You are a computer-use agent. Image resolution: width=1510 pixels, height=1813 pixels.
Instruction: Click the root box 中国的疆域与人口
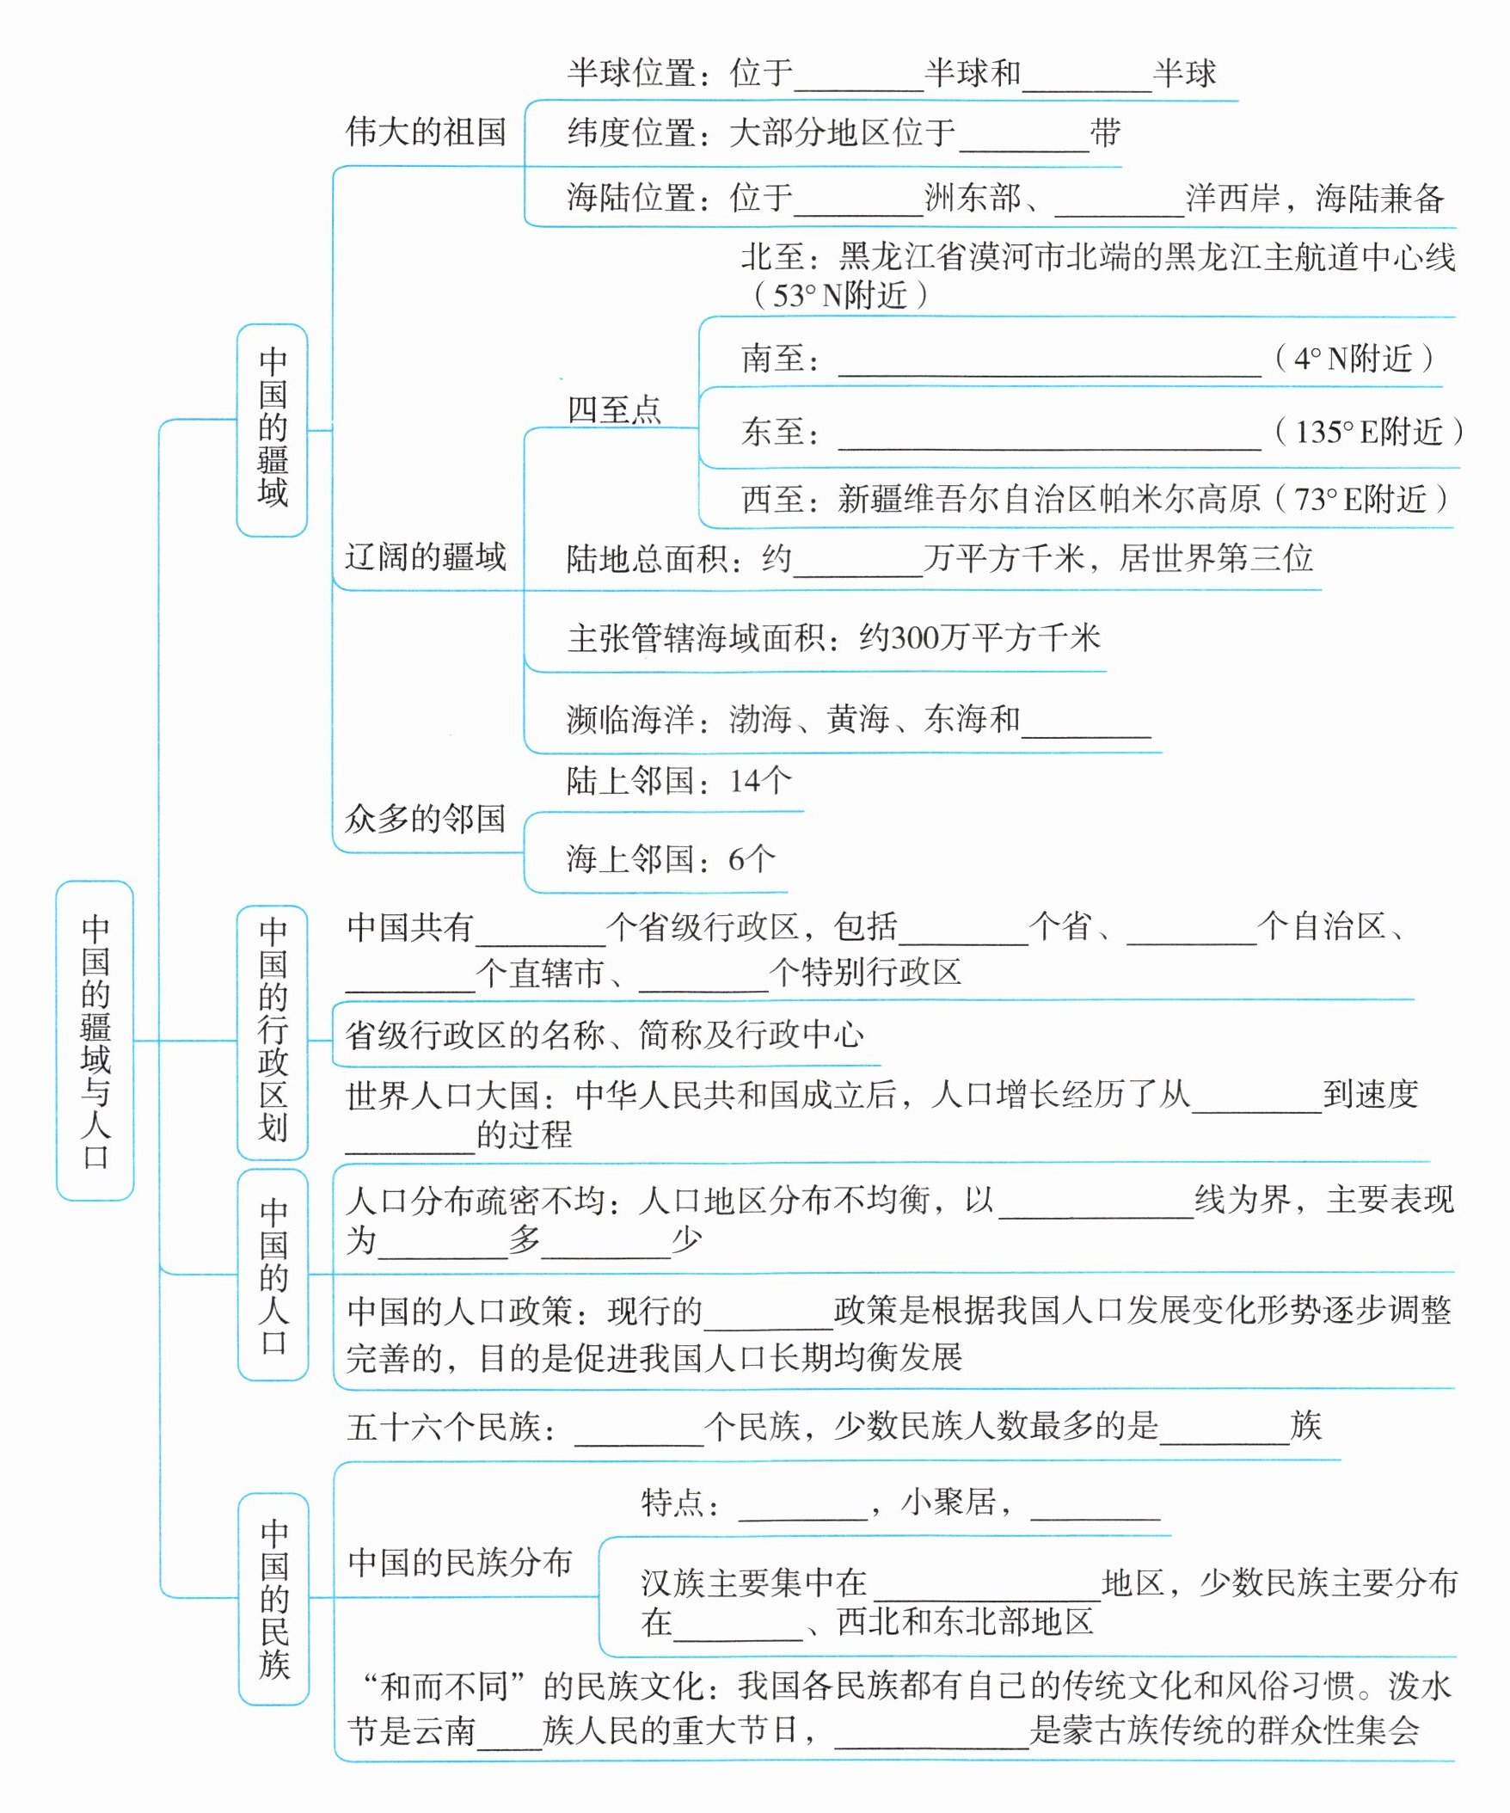pos(95,1040)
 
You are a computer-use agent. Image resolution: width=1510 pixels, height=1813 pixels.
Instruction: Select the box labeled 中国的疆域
pos(272,429)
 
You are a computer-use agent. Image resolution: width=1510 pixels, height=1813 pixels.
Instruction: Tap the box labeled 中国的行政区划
pos(272,1031)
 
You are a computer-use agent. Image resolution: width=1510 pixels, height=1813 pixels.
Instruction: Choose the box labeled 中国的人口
pos(273,1275)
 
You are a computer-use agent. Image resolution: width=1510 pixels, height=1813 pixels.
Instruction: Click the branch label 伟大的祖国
pos(425,133)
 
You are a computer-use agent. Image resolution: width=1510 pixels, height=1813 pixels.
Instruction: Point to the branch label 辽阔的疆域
pos(425,556)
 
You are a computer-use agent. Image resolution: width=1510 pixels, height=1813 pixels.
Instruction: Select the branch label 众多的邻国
pos(425,818)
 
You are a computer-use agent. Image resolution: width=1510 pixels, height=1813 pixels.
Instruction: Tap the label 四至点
pos(614,410)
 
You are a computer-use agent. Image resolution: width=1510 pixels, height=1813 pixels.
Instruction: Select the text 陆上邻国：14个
pos(678,781)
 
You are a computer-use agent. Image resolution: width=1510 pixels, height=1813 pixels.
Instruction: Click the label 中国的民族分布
pos(459,1562)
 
